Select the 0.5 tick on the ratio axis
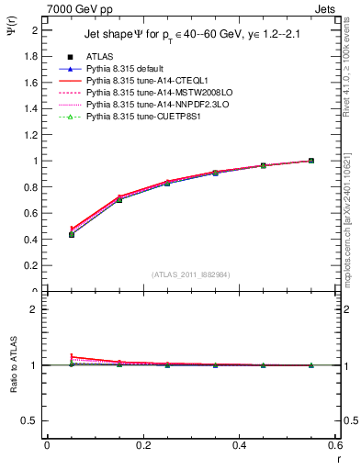(x=32, y=420)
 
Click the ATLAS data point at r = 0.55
(x=311, y=161)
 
